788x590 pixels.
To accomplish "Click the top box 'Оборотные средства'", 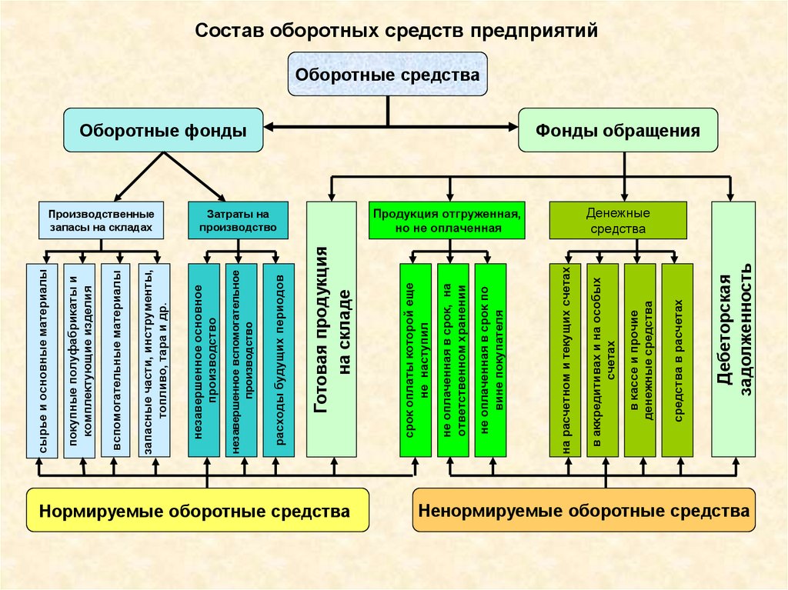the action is [388, 74].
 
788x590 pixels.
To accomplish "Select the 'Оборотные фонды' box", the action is [163, 130].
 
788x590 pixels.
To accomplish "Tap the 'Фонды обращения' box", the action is [618, 130].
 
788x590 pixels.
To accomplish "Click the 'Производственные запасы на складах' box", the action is [101, 221].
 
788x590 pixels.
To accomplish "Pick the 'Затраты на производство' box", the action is [239, 221].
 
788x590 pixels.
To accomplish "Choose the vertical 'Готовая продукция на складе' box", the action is [332, 330].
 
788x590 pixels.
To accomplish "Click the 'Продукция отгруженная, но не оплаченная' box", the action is [447, 221].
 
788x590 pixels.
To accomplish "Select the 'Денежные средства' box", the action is [618, 221].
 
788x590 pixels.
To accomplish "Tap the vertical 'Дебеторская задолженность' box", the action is [733, 330].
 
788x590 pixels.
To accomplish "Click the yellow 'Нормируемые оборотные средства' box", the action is [198, 510].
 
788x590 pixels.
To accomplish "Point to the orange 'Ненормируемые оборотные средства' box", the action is [584, 510].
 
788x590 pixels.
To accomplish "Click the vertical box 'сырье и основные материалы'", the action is [42, 361].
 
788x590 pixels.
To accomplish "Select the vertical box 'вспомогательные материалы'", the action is [117, 361].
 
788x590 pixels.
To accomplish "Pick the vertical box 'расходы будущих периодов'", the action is [279, 361].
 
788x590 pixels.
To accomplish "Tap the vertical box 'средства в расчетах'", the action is [677, 361].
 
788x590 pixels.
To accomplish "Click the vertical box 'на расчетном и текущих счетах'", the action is [565, 361].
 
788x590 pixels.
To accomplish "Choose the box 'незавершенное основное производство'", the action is [204, 361].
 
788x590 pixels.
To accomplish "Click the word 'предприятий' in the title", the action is [534, 31].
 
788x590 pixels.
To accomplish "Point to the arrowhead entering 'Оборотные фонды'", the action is [269, 127].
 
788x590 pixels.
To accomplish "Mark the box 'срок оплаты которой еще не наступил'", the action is [416, 361].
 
